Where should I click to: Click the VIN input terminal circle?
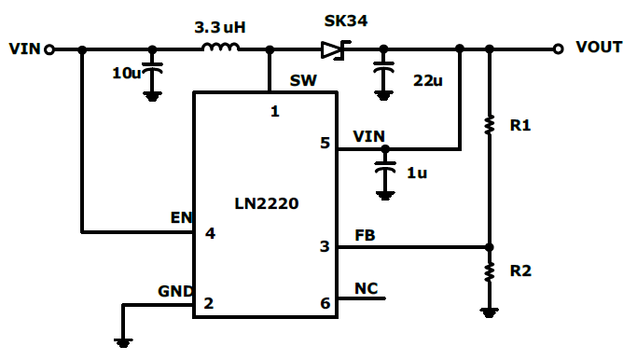click(49, 49)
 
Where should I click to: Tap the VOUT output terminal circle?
click(558, 49)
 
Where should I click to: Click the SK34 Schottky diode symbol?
click(334, 49)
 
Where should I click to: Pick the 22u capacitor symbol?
click(382, 67)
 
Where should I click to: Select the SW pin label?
click(302, 81)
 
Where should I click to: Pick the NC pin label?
click(367, 288)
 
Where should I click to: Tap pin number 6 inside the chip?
click(325, 303)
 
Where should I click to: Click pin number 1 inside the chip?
click(274, 112)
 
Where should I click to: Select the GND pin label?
click(174, 291)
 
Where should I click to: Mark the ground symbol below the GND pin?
click(122, 340)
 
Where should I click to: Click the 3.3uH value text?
click(220, 27)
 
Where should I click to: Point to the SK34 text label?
click(345, 21)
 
